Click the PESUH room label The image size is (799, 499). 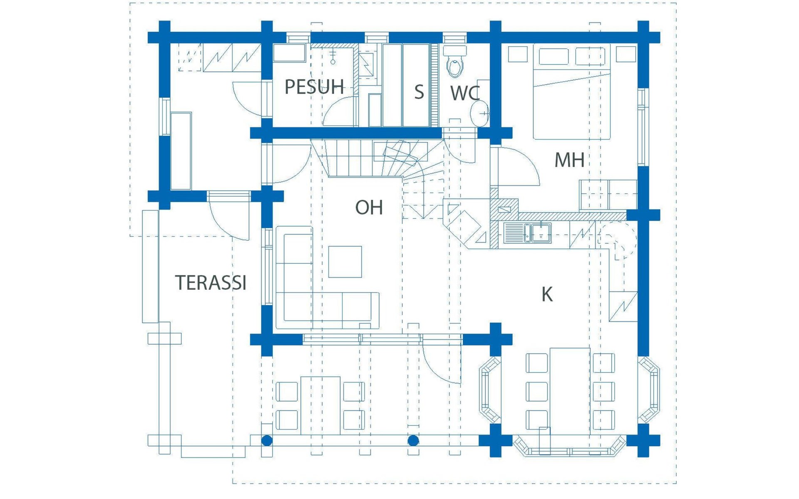pos(314,87)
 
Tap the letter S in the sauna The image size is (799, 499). pos(419,92)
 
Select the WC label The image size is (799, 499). pos(465,93)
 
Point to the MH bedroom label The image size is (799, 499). pos(569,160)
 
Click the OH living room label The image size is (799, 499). pos(369,208)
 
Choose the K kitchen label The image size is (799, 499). pos(547,294)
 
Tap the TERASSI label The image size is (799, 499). pos(211,283)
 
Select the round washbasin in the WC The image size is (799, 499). pos(480,113)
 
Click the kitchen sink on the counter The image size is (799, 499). pos(527,233)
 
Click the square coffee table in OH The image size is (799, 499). pos(345,262)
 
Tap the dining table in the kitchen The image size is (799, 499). pos(570,391)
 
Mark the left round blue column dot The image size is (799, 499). pos(267,440)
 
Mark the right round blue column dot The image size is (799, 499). pos(413,440)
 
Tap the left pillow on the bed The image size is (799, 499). pos(553,57)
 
